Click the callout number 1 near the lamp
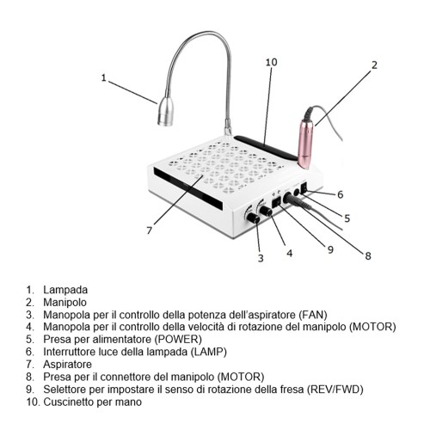[x=103, y=78]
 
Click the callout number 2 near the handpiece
[x=374, y=64]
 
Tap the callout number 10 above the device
[x=271, y=63]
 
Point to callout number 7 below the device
[x=149, y=230]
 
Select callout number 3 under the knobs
[x=260, y=258]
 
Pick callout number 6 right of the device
[x=340, y=194]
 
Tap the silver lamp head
[x=166, y=113]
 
